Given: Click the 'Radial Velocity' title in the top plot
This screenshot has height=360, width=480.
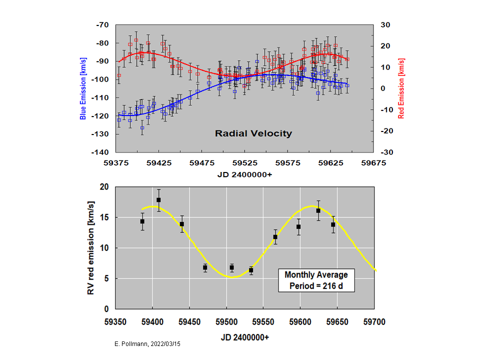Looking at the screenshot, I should coord(253,133).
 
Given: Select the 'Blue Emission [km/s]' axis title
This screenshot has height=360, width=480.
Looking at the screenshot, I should coord(83,88).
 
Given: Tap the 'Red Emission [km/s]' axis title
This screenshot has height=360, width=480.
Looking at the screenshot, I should coord(401,88).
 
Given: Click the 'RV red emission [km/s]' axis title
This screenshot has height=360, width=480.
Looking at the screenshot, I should coord(91,247).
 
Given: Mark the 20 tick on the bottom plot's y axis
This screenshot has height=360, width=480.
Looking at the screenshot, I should coord(104,186).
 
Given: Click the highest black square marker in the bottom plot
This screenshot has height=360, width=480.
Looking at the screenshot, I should coord(158,200).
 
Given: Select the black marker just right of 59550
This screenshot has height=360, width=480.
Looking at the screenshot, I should coord(275,237).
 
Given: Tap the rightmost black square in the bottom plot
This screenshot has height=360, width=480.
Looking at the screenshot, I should coord(333,224).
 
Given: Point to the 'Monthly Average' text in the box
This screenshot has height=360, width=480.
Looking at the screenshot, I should coord(316,275).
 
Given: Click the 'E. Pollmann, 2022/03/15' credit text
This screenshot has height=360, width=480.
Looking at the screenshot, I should coord(149,345).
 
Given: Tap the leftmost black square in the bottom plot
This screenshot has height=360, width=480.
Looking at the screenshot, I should coord(142,221).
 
